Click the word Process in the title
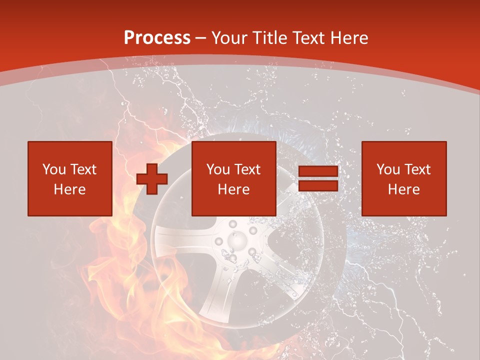pos(157,38)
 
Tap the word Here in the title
pos(348,38)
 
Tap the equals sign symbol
pos(318,179)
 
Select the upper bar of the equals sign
pos(318,171)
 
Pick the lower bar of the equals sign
pos(318,186)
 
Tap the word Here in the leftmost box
pos(69,189)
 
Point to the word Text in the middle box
pos(247,169)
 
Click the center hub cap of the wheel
pos(236,241)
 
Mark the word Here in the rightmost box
pos(404,189)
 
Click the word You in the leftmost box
pos(54,169)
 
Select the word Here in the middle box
pos(234,189)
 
